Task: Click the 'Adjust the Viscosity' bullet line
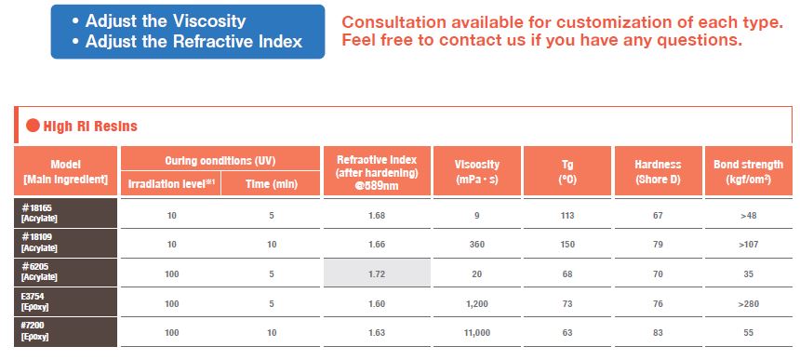[x=159, y=21]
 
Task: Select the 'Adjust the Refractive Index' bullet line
[x=188, y=41]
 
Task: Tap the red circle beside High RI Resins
[x=33, y=126]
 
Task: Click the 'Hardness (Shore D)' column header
[x=658, y=171]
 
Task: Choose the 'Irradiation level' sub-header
[x=171, y=184]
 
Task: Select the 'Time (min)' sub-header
[x=271, y=184]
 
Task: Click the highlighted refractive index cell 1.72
[x=377, y=273]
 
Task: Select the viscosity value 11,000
[x=476, y=333]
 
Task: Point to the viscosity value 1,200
[x=476, y=304]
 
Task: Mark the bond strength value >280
[x=749, y=304]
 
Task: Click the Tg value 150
[x=567, y=245]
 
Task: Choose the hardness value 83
[x=658, y=333]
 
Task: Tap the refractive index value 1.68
[x=377, y=215]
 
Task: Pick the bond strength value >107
[x=749, y=245]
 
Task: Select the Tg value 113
[x=567, y=215]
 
